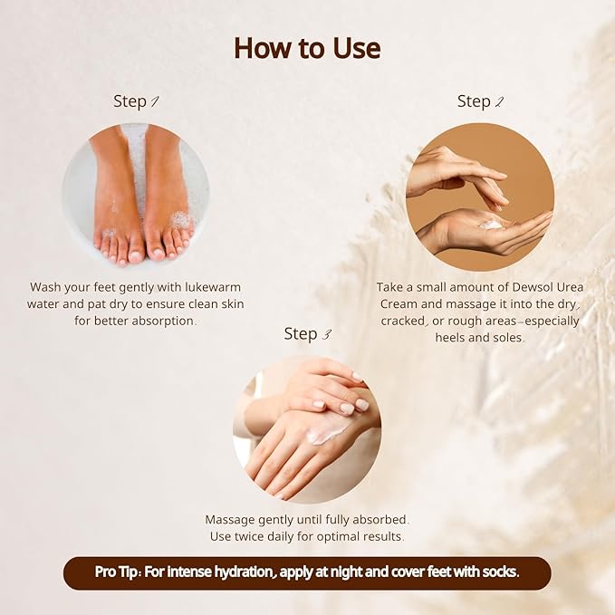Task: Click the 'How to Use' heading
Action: pos(307,47)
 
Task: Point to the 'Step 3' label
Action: pos(307,334)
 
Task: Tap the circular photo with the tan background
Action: pos(479,197)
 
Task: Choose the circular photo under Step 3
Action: pos(307,429)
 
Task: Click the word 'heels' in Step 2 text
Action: pos(420,338)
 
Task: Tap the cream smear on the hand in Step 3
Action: pos(326,435)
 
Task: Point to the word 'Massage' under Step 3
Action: pos(235,520)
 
